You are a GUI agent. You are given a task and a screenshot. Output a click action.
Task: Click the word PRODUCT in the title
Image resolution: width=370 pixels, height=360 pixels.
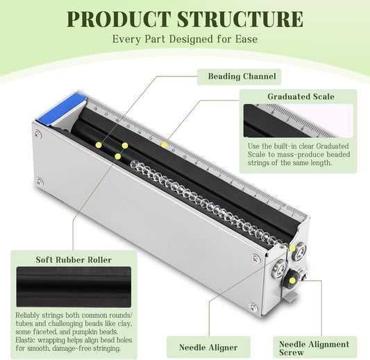pos(119,19)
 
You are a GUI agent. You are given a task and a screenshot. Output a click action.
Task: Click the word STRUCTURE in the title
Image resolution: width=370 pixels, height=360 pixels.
pos(240,19)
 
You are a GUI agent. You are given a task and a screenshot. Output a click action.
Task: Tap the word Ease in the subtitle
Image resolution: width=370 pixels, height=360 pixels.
pos(246,39)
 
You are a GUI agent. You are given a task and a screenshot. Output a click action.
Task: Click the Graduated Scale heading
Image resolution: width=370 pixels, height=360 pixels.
pos(301,96)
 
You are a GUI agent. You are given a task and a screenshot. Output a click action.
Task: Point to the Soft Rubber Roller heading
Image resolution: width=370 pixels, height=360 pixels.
pos(74,260)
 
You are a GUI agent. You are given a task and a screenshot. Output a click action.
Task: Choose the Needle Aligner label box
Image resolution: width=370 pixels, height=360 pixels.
pos(208,348)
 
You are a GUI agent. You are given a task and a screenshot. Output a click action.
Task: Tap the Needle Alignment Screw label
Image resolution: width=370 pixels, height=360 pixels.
pos(314,348)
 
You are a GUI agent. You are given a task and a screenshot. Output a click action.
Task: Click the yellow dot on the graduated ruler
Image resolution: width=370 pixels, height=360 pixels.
pos(164,144)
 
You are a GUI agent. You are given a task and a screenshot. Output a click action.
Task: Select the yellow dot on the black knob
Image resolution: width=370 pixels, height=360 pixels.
pos(292,280)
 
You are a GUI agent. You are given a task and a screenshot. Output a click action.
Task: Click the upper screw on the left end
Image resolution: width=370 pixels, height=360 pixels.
pos(37,134)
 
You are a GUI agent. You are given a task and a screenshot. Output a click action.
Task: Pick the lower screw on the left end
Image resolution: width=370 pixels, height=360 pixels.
pos(40,182)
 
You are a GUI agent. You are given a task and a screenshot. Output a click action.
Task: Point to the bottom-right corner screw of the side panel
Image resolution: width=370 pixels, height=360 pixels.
pos(253,307)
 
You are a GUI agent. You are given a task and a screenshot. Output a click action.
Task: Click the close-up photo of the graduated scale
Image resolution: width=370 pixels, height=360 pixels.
pos(298,121)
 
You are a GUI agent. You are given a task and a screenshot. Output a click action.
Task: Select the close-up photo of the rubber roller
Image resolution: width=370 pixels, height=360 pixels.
pos(74,286)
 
